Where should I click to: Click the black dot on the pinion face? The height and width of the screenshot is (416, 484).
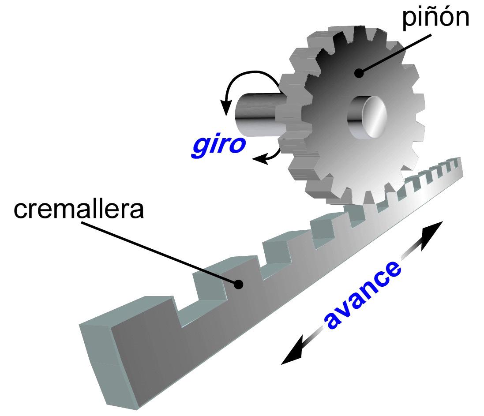point(360,73)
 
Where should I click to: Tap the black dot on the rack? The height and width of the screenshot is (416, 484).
point(238,285)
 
